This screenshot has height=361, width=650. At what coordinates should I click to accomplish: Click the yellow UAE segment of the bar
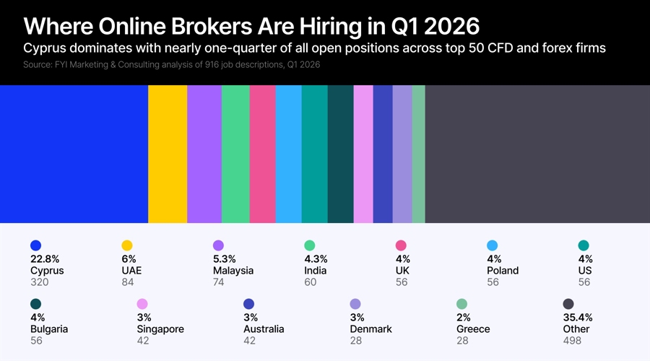pos(168,154)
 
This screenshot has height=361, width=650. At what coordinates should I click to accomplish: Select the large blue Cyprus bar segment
pos(74,154)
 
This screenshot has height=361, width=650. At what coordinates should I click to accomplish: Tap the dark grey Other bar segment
pos(537,154)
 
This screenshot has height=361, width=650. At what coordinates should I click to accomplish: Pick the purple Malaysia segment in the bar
pos(204,154)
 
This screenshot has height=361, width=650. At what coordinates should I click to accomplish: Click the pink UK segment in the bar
pos(262,154)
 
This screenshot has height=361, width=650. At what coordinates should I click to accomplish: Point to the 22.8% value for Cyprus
pos(45,259)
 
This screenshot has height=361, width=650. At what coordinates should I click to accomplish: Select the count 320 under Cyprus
pos(39,282)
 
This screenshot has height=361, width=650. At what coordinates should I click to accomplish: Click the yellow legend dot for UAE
pos(127,245)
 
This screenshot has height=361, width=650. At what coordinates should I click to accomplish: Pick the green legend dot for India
pos(310,245)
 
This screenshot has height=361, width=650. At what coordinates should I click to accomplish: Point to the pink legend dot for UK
pos(401,245)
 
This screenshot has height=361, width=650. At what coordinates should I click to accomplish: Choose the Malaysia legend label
pos(233,271)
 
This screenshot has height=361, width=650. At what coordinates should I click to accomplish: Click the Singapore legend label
pos(160,329)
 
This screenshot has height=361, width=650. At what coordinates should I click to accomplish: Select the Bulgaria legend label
pos(49,329)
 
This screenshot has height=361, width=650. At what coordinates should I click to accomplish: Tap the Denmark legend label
pos(370,329)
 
